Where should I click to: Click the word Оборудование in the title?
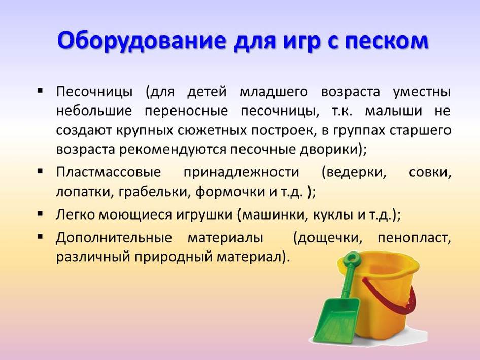tap(142, 41)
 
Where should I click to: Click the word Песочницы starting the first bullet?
tap(94, 92)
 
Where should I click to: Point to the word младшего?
tap(273, 92)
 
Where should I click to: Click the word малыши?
tap(393, 111)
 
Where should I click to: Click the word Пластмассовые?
tap(109, 172)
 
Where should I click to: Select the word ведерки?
tap(354, 173)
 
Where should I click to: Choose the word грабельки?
tap(155, 192)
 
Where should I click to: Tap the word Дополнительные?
tap(114, 238)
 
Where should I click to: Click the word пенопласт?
tap(414, 238)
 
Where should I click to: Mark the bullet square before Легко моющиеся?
tap(40, 213)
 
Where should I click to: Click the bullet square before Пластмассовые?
tap(40, 171)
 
